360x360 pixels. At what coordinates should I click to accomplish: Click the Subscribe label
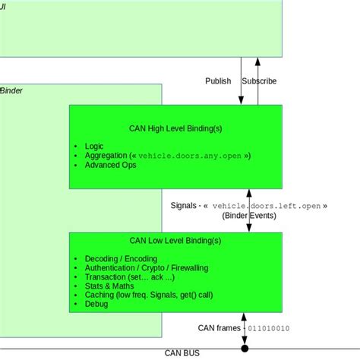(x=260, y=81)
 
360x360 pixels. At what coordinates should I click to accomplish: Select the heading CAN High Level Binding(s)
(x=176, y=128)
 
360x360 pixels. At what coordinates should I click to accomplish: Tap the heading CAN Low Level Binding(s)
(x=176, y=241)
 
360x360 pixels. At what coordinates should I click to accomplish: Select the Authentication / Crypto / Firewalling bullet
(x=146, y=268)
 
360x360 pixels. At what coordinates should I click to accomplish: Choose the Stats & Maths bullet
(x=112, y=286)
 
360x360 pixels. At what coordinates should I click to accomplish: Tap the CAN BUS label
(x=183, y=353)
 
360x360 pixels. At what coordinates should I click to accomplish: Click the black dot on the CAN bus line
(x=245, y=349)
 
